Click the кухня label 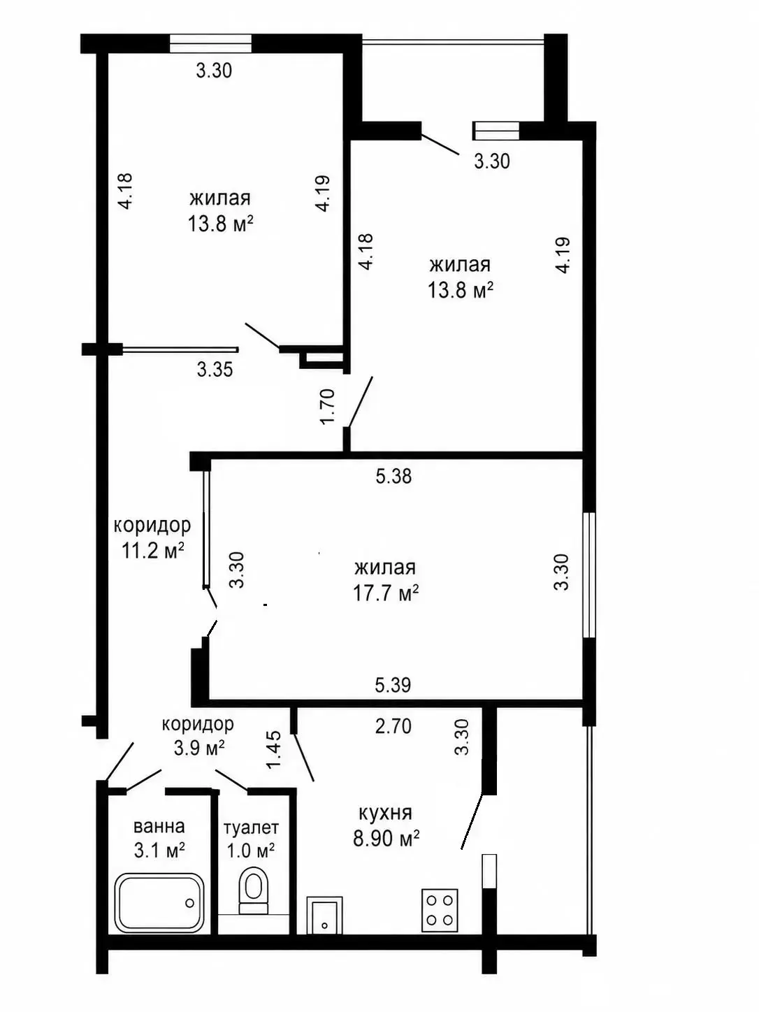point(385,812)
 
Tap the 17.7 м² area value point(386,593)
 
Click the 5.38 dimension point(393,476)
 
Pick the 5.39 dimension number point(393,685)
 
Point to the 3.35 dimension point(215,369)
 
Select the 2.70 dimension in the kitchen point(393,726)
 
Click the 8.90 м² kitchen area point(386,837)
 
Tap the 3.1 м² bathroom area point(159,849)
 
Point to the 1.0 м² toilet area point(251,850)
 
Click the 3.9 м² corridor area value point(199,748)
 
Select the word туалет point(251,827)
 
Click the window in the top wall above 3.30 point(210,44)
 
